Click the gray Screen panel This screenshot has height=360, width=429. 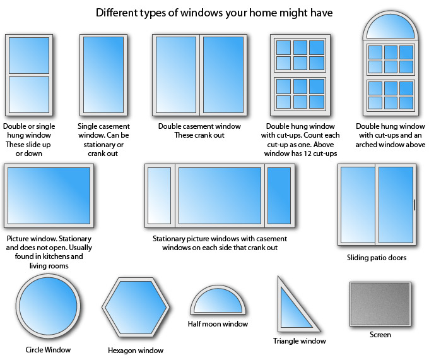coord(380,304)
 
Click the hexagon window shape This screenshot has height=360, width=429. coord(136,307)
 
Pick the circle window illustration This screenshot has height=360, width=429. coord(48,306)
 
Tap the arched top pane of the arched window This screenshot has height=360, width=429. coord(391,27)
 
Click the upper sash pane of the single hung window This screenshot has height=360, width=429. coord(29,55)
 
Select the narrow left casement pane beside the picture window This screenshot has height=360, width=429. coord(159,196)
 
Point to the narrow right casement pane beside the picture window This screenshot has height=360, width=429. coord(279,196)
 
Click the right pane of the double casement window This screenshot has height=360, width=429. coord(223,75)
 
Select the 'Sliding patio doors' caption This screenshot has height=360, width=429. coord(377,258)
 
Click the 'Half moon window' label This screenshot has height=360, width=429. coord(218,324)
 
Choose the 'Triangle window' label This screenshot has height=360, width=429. coord(300,341)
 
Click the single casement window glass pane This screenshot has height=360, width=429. coord(103,75)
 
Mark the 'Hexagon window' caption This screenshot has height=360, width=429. coord(136,351)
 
